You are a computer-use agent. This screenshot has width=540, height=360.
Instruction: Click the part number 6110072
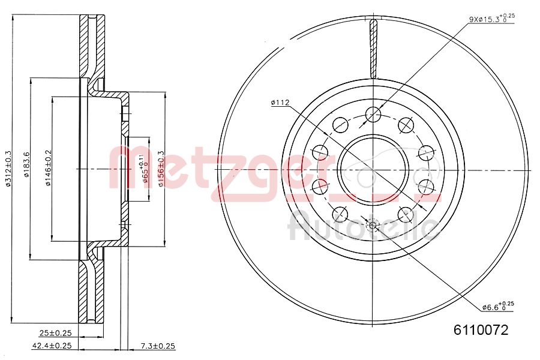click(x=481, y=330)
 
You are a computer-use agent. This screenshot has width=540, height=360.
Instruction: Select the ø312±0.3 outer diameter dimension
click(x=8, y=169)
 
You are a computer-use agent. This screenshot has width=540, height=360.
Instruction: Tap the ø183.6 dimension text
click(x=26, y=169)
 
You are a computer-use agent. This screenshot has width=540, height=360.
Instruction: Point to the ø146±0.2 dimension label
click(x=48, y=169)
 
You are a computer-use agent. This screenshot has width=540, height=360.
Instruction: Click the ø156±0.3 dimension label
click(x=161, y=169)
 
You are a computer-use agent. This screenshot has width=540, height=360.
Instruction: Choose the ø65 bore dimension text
click(x=145, y=169)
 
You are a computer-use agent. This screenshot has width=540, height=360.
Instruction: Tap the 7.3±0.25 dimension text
click(x=157, y=346)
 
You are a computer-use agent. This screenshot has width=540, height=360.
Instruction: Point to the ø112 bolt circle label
click(x=280, y=103)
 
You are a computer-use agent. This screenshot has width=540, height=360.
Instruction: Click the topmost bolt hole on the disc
click(x=373, y=113)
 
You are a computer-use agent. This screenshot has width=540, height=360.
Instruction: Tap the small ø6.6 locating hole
click(x=373, y=226)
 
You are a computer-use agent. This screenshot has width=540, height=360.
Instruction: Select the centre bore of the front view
click(x=373, y=169)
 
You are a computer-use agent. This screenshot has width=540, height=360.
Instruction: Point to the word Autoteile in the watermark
click(x=363, y=226)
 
